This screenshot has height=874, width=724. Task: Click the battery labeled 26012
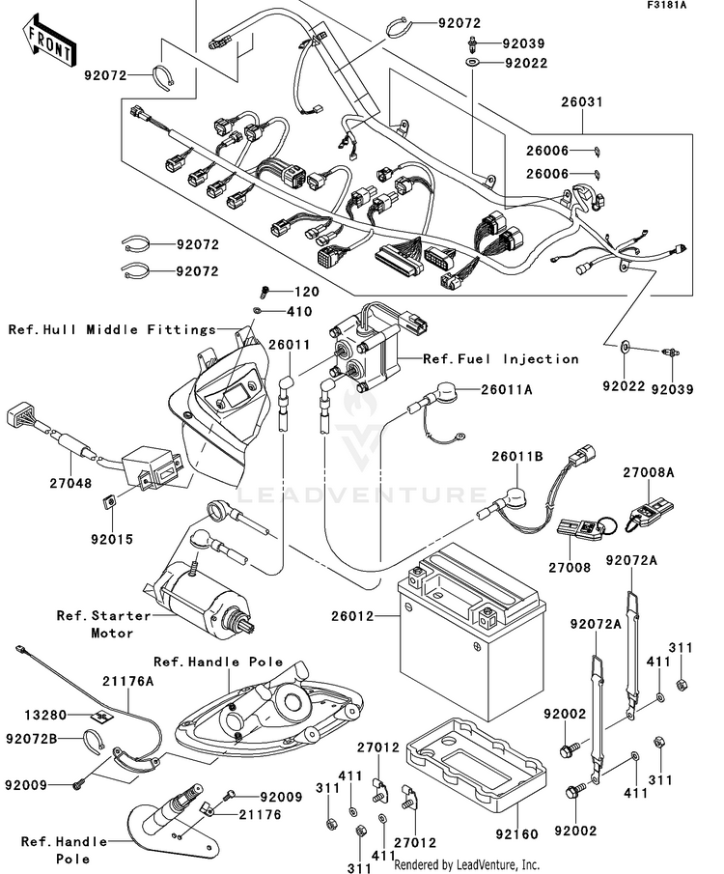pyautogui.click(x=472, y=610)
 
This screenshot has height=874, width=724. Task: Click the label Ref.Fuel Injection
pyautogui.click(x=501, y=358)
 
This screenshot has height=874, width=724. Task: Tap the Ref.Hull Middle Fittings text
pyautogui.click(x=111, y=329)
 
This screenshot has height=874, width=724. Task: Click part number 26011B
pyautogui.click(x=518, y=456)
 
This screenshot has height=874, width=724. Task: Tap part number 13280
pyautogui.click(x=45, y=716)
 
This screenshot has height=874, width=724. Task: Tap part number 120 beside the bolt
pyautogui.click(x=306, y=291)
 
